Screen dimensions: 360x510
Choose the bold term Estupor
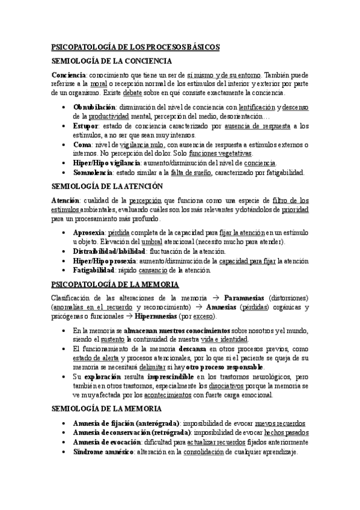pyautogui.click(x=86, y=126)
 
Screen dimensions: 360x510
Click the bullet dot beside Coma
pyautogui.click(x=65, y=146)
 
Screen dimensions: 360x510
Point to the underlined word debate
pyautogui.click(x=133, y=93)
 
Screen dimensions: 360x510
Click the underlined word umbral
pyautogui.click(x=161, y=241)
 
